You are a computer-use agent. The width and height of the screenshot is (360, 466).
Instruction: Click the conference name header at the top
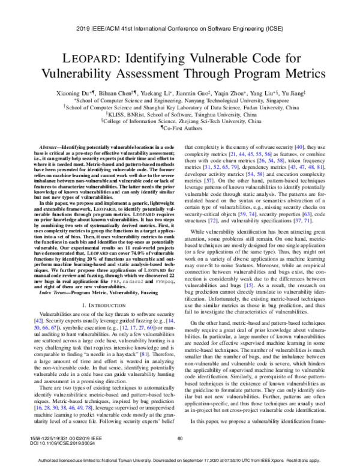[180, 28]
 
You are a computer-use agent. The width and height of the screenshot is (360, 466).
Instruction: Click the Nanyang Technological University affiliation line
[180, 101]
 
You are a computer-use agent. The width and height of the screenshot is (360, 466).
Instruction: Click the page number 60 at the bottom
[179, 440]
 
